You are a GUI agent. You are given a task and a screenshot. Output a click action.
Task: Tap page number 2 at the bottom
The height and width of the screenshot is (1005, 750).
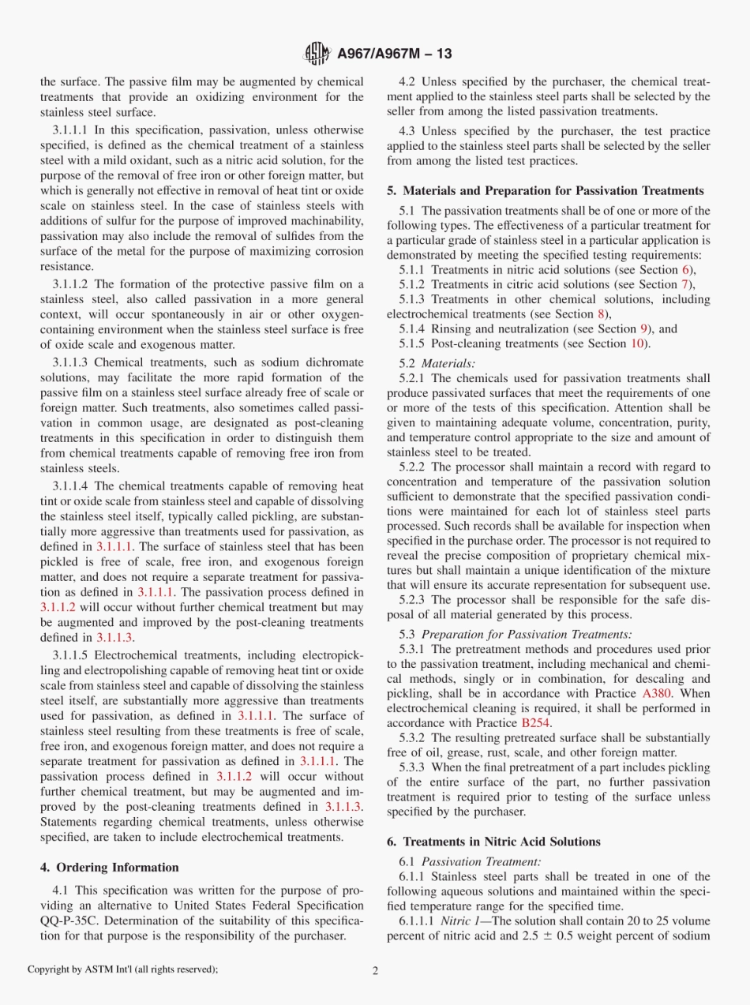coord(375,970)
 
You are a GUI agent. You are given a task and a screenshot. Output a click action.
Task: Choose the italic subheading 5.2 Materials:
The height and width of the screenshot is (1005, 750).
coord(437,364)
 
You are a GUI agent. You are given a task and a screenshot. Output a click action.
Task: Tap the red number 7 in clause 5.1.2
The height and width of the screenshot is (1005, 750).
coord(684,284)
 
